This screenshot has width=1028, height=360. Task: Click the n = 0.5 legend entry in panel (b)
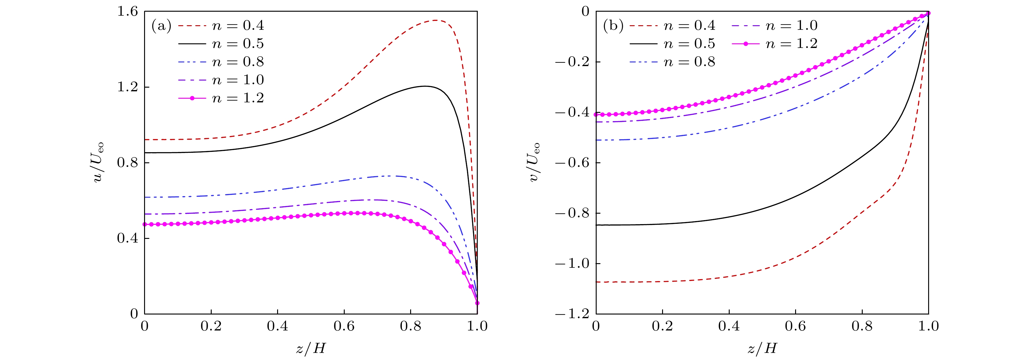tap(673, 44)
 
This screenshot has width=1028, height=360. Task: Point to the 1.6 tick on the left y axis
tap(127, 12)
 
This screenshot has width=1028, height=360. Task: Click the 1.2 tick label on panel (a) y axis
tap(127, 87)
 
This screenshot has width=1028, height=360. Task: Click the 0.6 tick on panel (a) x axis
tap(344, 326)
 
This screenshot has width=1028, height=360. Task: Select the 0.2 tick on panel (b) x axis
tap(662, 326)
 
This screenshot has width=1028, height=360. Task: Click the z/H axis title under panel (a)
tap(311, 348)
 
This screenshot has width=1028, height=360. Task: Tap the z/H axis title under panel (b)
tap(762, 348)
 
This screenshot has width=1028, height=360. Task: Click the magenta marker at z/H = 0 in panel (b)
tap(596, 115)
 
